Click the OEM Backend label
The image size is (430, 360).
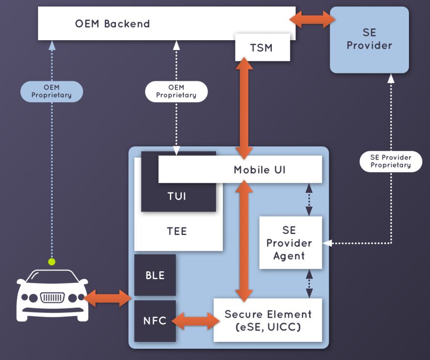point(113,24)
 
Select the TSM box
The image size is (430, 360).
point(263,48)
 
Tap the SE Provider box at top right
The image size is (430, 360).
point(369,40)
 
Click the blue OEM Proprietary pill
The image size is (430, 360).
point(51,91)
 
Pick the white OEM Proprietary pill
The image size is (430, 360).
point(176,91)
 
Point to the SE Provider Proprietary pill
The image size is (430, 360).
point(391,161)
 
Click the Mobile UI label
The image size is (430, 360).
point(260,170)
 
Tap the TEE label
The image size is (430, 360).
point(177,231)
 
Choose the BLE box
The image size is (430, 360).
point(155,275)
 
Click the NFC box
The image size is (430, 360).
point(155,321)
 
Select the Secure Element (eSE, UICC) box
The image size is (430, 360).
point(268,320)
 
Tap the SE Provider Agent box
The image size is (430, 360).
point(290,242)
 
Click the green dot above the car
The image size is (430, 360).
point(51,262)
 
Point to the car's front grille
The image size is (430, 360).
point(52,297)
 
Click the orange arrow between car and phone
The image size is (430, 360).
point(107,298)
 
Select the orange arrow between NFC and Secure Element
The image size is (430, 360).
point(195,321)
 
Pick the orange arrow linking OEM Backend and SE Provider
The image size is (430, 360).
point(312,19)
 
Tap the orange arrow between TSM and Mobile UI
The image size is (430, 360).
point(244,109)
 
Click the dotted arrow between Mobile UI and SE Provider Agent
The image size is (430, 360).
point(309,200)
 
